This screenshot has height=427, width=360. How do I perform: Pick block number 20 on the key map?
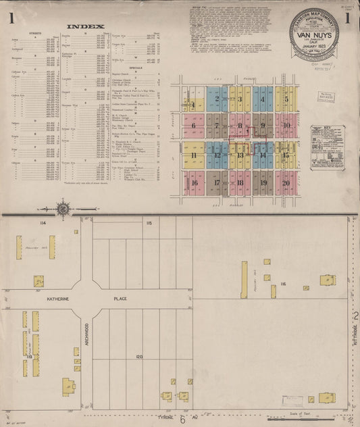[286, 182]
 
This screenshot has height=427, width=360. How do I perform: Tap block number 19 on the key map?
[263, 182]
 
